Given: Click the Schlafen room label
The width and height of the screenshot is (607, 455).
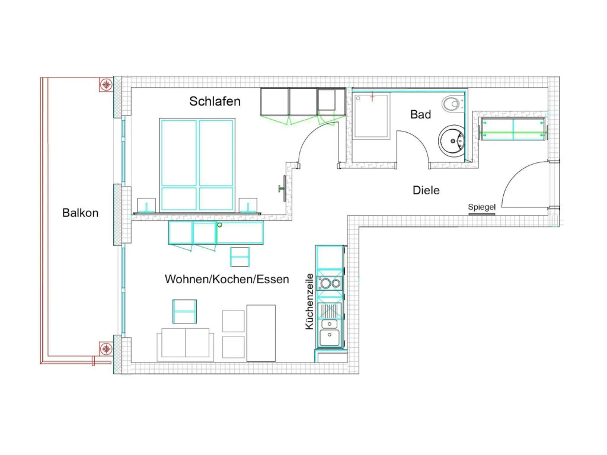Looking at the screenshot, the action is pyautogui.click(x=215, y=101).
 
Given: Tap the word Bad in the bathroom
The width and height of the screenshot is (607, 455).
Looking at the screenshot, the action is pyautogui.click(x=420, y=114).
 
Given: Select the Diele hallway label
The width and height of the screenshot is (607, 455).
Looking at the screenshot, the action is pyautogui.click(x=426, y=190).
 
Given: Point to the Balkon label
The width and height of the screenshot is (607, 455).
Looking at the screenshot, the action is pyautogui.click(x=80, y=213).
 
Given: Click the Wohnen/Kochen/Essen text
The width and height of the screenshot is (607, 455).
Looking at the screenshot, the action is pyautogui.click(x=227, y=280).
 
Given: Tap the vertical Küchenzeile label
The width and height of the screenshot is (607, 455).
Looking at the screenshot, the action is pyautogui.click(x=309, y=302).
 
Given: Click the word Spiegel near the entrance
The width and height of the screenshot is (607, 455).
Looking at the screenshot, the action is pyautogui.click(x=481, y=207).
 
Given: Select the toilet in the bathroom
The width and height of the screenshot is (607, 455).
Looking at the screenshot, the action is pyautogui.click(x=451, y=104).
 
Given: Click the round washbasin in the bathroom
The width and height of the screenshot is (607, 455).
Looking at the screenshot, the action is pyautogui.click(x=451, y=141).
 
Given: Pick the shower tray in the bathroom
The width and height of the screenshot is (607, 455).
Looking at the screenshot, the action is pyautogui.click(x=371, y=116).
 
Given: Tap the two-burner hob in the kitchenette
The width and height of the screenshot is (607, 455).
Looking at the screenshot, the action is pyautogui.click(x=330, y=284).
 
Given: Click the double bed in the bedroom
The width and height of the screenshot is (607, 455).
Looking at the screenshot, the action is pyautogui.click(x=197, y=165).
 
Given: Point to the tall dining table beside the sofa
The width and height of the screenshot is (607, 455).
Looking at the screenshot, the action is pyautogui.click(x=261, y=333).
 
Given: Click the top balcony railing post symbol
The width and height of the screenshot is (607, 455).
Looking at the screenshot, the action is pyautogui.click(x=106, y=85).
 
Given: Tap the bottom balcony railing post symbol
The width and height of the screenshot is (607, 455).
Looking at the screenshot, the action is pyautogui.click(x=106, y=349).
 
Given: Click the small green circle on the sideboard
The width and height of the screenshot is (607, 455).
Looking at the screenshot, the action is pyautogui.click(x=219, y=225).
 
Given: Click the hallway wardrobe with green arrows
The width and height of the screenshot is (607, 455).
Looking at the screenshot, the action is pyautogui.click(x=513, y=129).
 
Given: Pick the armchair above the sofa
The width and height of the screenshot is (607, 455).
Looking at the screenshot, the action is pyautogui.click(x=185, y=312).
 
